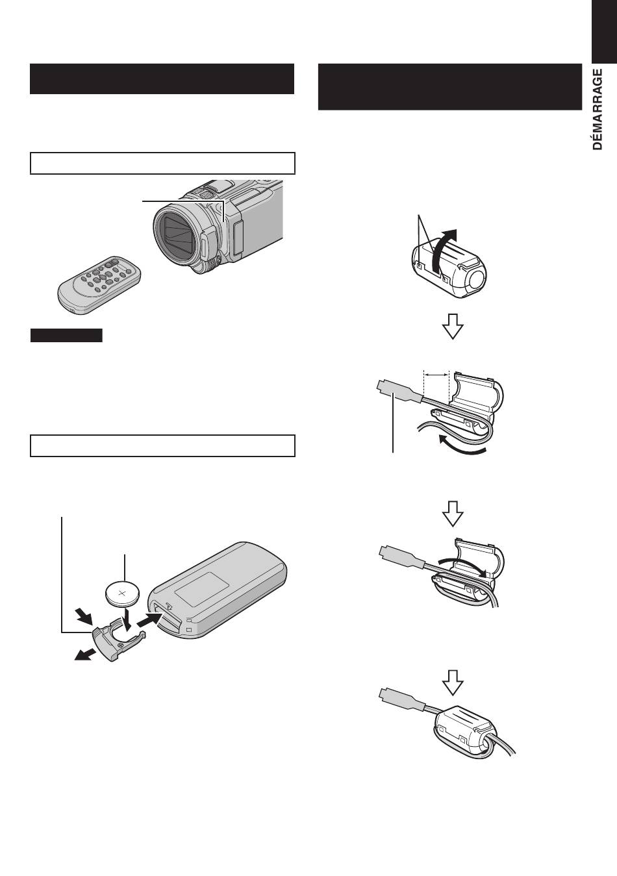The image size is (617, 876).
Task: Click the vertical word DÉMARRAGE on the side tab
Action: (598, 109)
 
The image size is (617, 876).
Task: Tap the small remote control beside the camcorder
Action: (99, 284)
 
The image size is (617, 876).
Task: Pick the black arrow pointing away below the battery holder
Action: (84, 654)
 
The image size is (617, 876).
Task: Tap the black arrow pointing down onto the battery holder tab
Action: (84, 616)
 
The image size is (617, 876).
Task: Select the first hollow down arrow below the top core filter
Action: (453, 326)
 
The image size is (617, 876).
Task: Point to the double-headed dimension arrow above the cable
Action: (436, 375)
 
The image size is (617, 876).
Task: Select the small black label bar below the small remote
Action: (66, 336)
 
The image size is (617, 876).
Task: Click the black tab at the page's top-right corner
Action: (604, 31)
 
